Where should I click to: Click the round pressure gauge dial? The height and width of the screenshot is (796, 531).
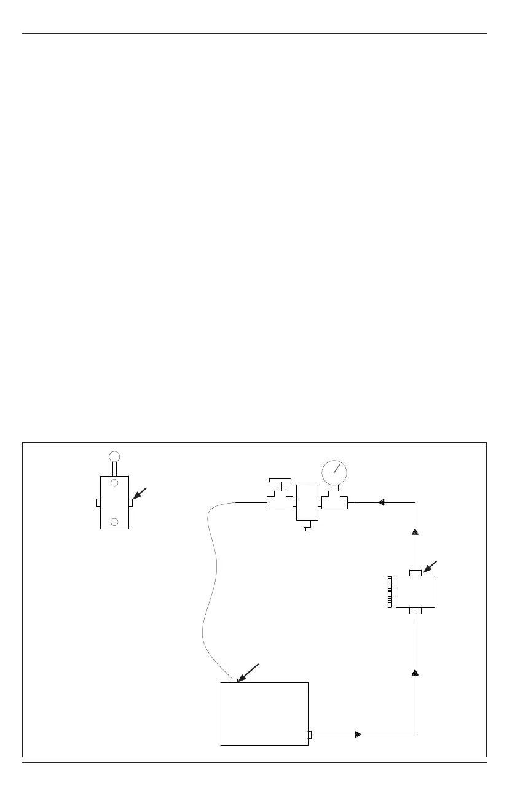tap(334, 472)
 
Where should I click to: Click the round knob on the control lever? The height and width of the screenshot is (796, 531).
tap(114, 456)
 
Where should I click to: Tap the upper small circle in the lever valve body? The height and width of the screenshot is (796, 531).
tap(114, 483)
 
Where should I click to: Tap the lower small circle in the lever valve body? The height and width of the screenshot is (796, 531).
tap(114, 521)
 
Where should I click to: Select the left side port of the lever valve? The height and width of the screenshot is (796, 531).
tap(98, 502)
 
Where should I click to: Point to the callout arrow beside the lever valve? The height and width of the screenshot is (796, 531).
tap(141, 494)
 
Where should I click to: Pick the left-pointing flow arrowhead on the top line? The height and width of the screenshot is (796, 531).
tap(382, 502)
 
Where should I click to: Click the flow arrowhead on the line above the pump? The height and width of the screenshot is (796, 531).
tap(415, 534)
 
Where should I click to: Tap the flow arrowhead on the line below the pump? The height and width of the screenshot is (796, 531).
tap(415, 673)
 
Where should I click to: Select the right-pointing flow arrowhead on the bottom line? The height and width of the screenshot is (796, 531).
tap(358, 734)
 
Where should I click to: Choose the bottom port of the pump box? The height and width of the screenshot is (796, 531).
tap(415, 611)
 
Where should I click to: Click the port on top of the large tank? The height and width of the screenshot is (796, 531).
tap(232, 680)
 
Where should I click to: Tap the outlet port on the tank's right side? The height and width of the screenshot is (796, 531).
tap(310, 735)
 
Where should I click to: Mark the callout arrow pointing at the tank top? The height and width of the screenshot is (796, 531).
tap(248, 673)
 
